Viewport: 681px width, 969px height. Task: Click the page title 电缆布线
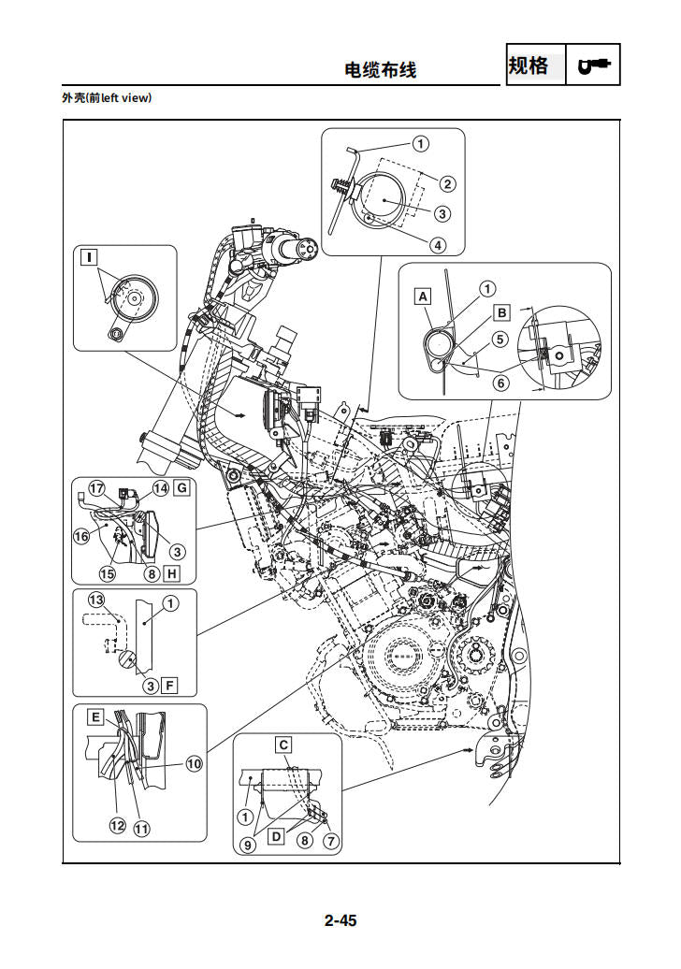381,69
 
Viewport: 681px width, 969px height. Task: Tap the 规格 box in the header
529,65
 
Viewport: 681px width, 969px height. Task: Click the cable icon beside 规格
593,65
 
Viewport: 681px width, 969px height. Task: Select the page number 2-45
340,920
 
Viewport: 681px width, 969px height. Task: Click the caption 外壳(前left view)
106,98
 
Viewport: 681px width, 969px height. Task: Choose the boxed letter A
423,296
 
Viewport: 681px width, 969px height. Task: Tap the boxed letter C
283,745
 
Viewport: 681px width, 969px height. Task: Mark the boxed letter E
95,717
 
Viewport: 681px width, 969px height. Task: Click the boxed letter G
181,487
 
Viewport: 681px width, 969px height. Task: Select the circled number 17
95,487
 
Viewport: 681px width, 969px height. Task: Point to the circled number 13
95,599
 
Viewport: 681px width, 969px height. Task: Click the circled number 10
194,763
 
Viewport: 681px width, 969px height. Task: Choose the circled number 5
500,340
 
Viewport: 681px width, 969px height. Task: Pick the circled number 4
438,246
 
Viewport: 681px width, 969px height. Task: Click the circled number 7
330,841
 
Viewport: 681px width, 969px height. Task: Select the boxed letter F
169,686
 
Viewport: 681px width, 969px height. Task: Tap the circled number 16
81,536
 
